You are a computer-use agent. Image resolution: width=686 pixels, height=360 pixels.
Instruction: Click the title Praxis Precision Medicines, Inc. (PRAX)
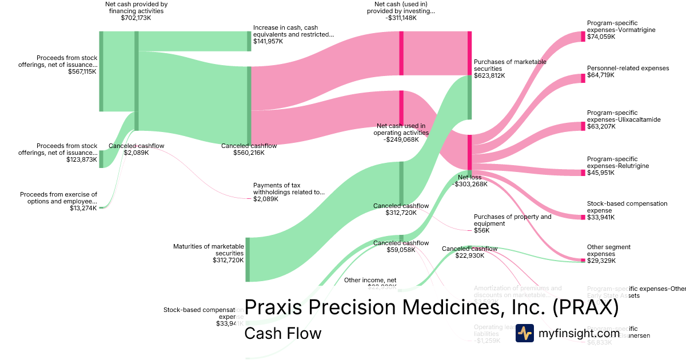click(x=431, y=307)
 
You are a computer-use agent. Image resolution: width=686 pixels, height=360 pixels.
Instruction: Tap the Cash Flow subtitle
click(x=282, y=333)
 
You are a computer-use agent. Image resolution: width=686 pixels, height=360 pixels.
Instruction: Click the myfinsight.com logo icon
click(x=524, y=333)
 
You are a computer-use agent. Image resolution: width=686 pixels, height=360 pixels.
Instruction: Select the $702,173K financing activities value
click(x=136, y=18)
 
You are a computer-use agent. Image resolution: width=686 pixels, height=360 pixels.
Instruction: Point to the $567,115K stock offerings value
click(x=82, y=71)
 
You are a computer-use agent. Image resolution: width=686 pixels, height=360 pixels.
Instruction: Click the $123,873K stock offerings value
click(x=82, y=159)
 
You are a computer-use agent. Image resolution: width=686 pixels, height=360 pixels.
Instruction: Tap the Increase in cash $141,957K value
click(x=268, y=41)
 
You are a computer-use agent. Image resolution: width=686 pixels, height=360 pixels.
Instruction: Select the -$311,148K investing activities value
click(x=401, y=18)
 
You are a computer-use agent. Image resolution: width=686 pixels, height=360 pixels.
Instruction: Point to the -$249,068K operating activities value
click(x=400, y=139)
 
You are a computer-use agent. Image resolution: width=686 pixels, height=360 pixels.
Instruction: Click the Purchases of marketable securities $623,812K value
click(x=489, y=75)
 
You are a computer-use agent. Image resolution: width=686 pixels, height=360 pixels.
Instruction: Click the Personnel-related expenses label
click(x=628, y=68)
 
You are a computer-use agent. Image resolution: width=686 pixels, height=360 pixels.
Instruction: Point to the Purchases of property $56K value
click(x=482, y=230)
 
